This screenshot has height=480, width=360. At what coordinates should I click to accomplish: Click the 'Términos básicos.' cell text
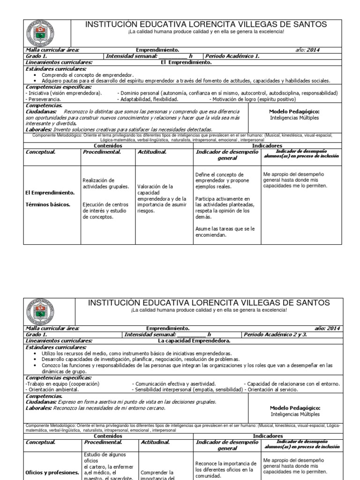(x=48, y=204)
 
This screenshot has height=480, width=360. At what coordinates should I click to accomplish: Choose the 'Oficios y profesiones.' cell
(x=52, y=472)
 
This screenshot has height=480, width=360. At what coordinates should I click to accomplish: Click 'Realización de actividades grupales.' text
(x=105, y=183)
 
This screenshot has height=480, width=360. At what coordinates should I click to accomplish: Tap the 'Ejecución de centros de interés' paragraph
(x=105, y=210)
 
